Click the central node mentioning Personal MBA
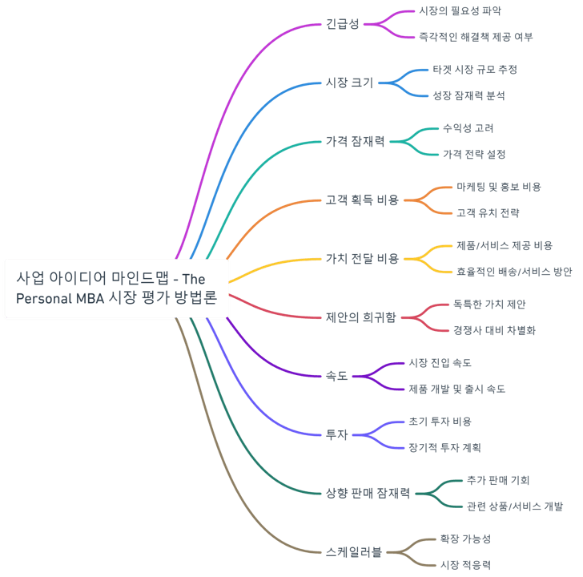tap(117, 288)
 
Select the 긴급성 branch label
tap(343, 24)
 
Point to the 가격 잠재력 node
tap(355, 141)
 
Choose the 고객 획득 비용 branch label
tap(361, 200)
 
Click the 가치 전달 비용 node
tap(361, 258)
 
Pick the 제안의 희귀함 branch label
tap(360, 317)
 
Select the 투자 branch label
tap(336, 434)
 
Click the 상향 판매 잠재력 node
tap(368, 493)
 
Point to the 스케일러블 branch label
tap(354, 551)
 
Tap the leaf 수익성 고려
tap(468, 128)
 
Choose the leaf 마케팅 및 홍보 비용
tap(498, 187)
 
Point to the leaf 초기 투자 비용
tap(440, 422)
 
